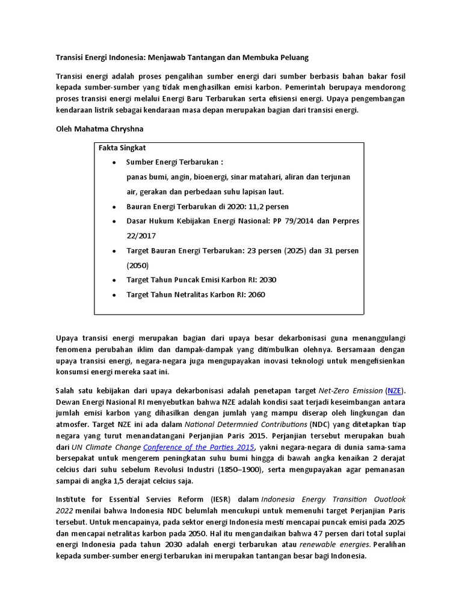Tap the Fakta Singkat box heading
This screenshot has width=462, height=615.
(122, 148)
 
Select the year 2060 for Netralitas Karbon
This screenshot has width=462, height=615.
(255, 294)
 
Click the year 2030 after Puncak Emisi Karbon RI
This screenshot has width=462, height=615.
(267, 280)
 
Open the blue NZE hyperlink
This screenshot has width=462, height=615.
(395, 390)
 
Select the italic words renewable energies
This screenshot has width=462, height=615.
(340, 545)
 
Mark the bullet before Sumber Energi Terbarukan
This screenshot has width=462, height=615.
(114, 163)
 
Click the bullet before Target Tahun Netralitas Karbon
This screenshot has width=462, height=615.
(114, 295)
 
